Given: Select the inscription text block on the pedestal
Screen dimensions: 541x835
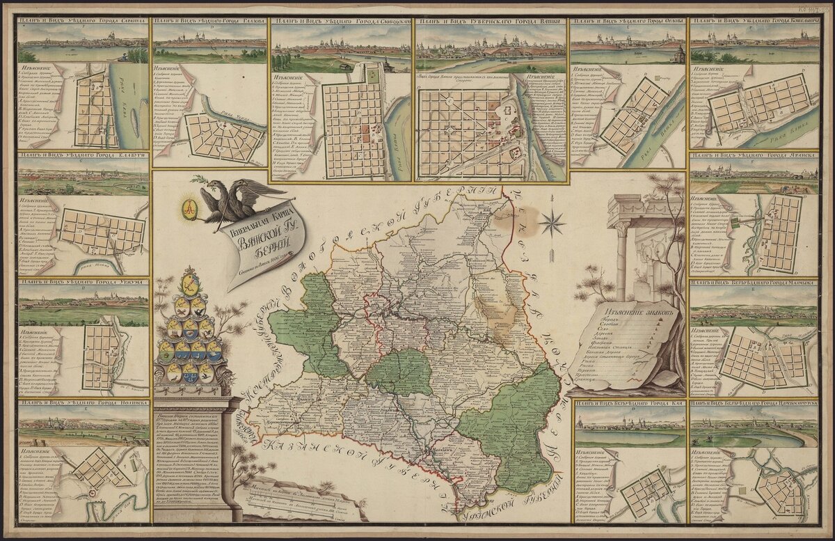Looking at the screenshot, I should [196, 460].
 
